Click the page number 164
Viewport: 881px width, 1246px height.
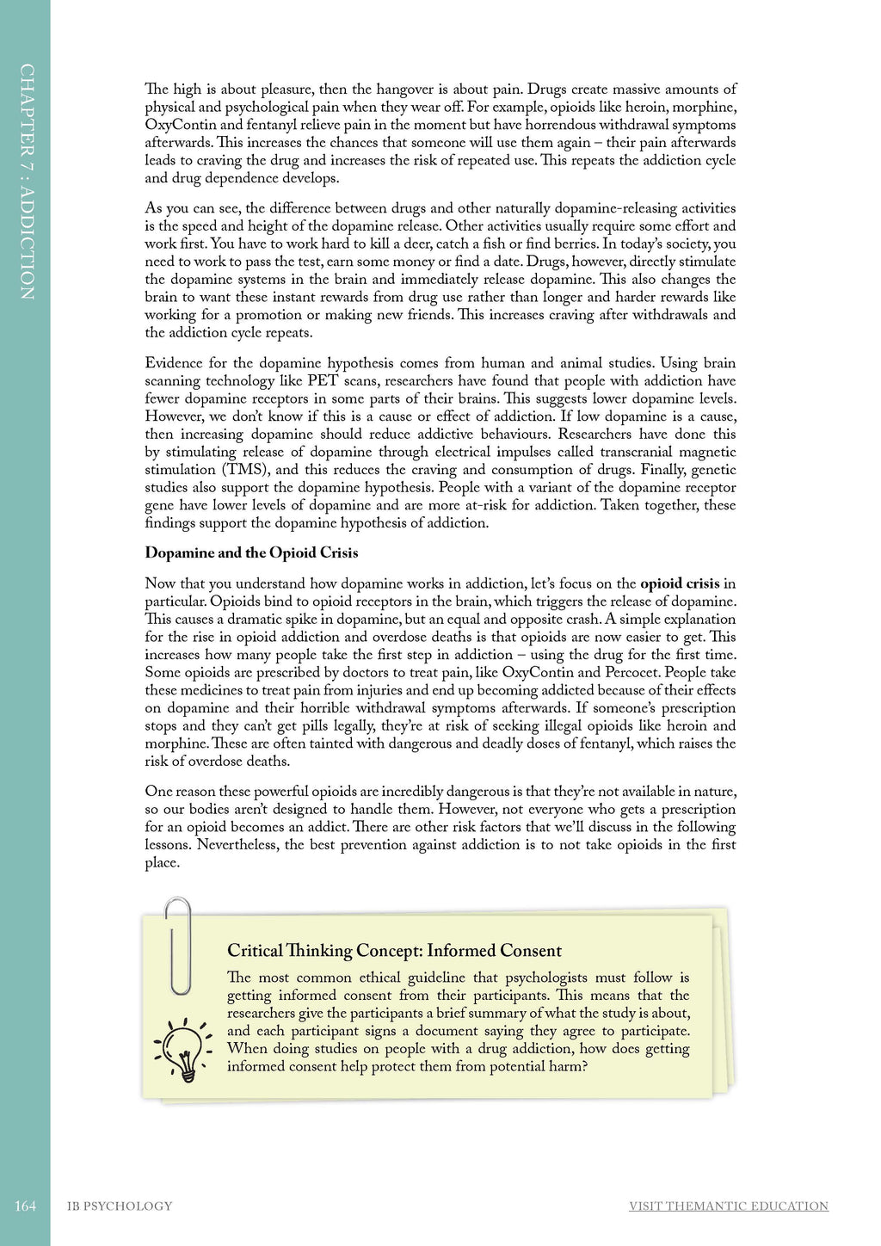point(25,1206)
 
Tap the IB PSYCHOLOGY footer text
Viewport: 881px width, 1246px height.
point(120,1206)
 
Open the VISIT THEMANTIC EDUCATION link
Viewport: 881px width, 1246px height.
point(728,1206)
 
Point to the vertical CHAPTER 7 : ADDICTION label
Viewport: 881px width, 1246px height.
point(27,181)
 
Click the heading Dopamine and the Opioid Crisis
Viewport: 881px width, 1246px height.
point(251,552)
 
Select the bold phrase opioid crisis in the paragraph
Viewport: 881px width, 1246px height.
point(680,583)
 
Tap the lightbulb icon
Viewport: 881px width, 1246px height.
point(183,1049)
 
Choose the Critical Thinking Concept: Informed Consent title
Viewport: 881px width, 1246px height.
point(394,950)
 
